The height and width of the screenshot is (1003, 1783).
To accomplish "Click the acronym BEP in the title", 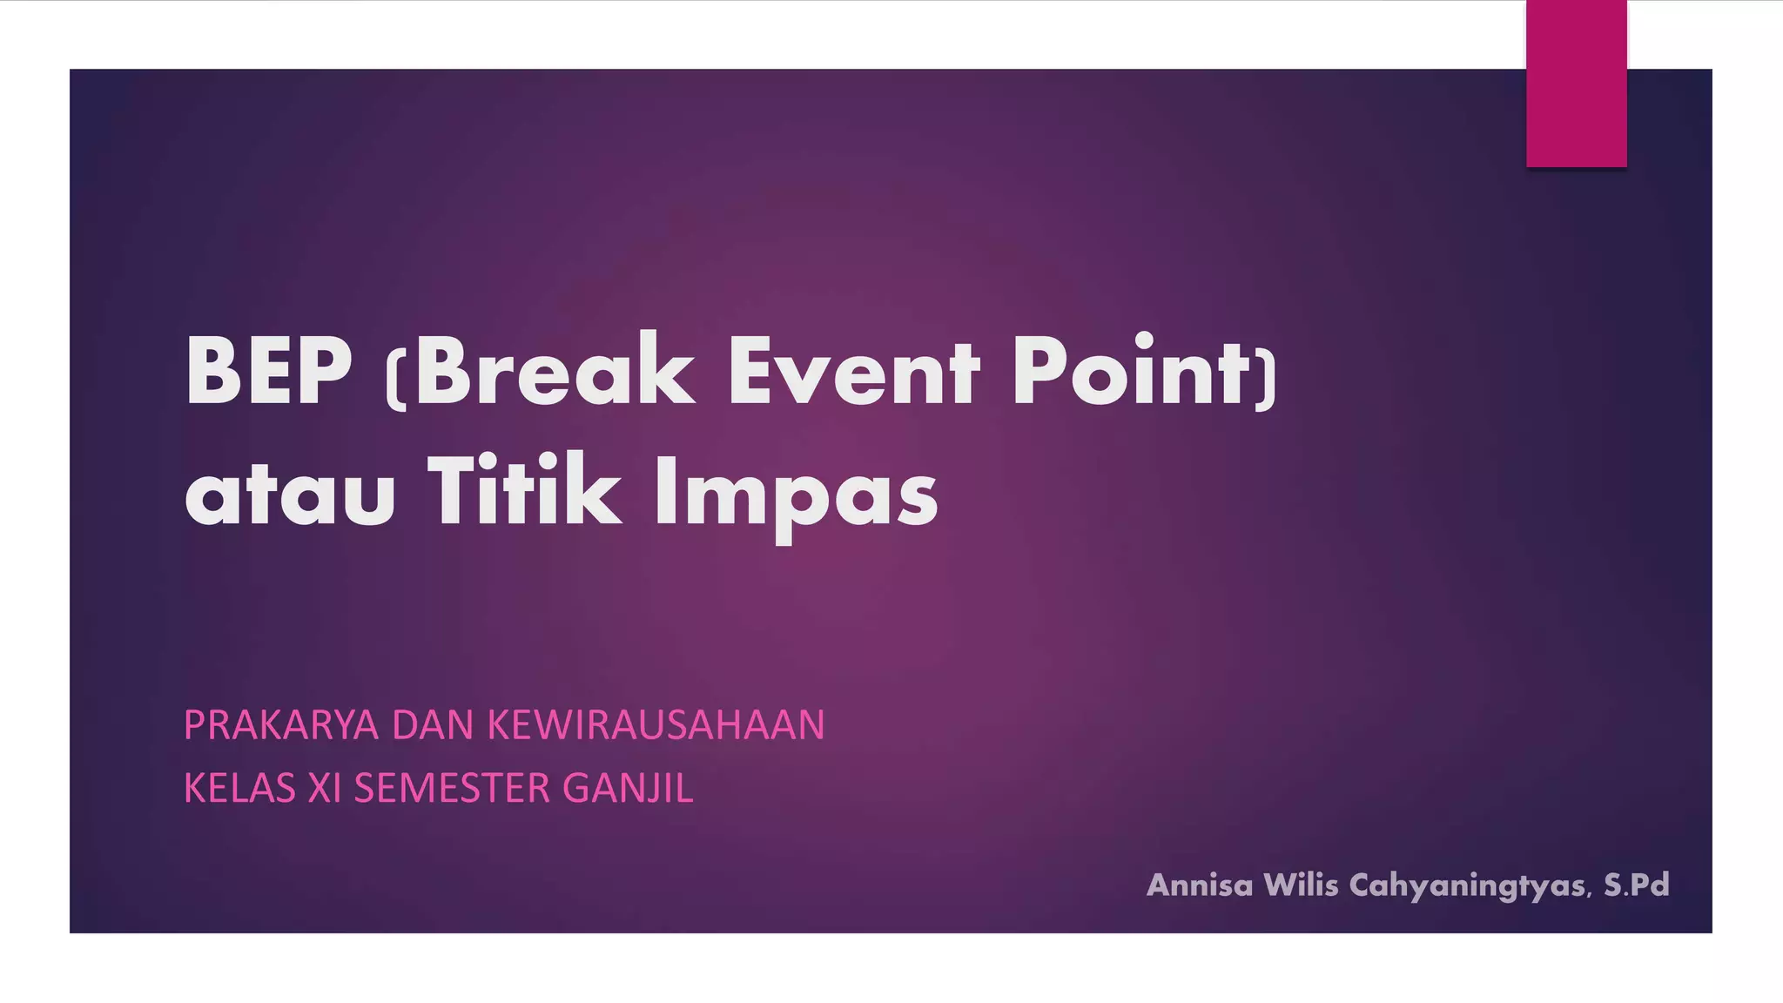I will tap(268, 372).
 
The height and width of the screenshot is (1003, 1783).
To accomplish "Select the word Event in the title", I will tap(853, 372).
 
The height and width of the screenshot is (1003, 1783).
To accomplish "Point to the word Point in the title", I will tap(1130, 372).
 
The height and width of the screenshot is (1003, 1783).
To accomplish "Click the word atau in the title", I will tap(290, 495).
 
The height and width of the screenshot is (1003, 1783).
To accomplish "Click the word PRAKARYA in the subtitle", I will tap(281, 725).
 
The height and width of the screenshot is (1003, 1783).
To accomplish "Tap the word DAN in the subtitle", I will tap(432, 725).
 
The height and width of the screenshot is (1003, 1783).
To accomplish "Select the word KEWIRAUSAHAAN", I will tap(655, 725).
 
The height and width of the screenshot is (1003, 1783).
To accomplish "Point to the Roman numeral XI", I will tap(324, 789).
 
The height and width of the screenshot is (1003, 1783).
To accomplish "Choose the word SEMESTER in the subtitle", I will tap(452, 789).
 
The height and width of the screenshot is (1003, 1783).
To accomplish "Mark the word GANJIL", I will tap(628, 789).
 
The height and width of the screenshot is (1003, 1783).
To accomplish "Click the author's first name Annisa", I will tap(1200, 885).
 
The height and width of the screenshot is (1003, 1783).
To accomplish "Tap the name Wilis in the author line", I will tap(1301, 885).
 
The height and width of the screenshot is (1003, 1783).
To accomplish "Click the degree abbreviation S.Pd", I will tap(1637, 885).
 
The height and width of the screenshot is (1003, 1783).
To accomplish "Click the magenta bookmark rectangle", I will tap(1576, 84).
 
